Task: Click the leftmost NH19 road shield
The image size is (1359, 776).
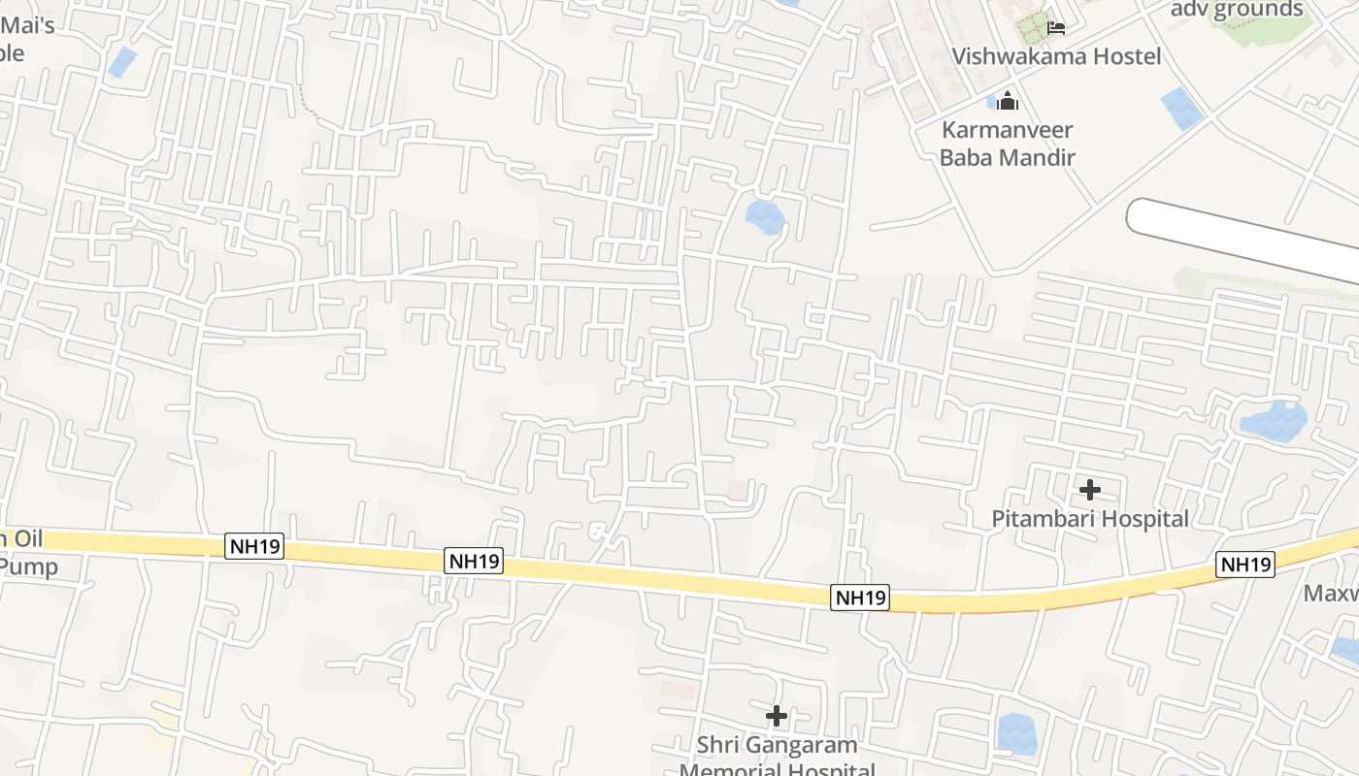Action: coord(256,546)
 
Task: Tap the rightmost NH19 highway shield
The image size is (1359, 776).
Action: coord(1245,565)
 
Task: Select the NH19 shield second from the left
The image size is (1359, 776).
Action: coord(475,560)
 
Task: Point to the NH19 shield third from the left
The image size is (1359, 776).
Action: coord(860,598)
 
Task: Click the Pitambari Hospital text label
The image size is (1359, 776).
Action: coord(1089,519)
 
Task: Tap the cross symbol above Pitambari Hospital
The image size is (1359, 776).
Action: coord(1090,490)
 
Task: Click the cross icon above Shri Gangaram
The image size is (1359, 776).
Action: coord(777,716)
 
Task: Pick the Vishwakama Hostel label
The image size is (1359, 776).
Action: coord(1056,56)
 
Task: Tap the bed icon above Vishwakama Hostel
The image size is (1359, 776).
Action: coord(1056,27)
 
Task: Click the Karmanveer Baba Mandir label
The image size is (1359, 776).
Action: coord(1008,143)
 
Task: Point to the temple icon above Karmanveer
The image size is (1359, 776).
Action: coord(1008,100)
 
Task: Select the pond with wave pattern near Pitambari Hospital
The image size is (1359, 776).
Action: coord(1274,421)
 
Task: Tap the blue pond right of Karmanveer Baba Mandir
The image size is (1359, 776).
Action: coord(1181,108)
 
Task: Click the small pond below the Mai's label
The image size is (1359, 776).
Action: coord(122,62)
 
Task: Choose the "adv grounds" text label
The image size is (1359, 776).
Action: coord(1237,10)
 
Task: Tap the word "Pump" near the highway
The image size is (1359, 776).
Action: coord(29,566)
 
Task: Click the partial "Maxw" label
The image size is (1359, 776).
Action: coord(1331,593)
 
